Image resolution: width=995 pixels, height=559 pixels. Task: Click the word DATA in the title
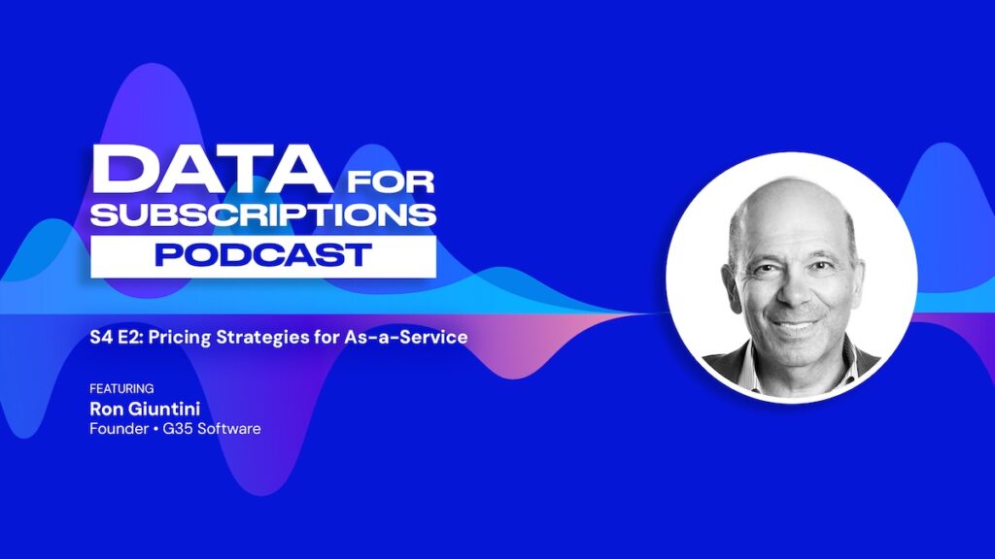tap(211, 169)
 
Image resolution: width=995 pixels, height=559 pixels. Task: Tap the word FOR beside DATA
tap(391, 181)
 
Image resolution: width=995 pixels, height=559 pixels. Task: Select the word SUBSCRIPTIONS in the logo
tap(263, 214)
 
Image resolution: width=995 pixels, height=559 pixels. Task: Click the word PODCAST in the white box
tap(263, 255)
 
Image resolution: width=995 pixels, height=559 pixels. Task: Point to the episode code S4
tap(101, 337)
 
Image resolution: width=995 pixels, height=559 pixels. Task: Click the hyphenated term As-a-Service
tap(406, 337)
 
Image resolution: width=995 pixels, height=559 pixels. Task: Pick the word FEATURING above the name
tap(121, 388)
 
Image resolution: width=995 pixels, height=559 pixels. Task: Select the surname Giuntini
tap(163, 409)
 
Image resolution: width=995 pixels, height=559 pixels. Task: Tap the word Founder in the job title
tap(120, 429)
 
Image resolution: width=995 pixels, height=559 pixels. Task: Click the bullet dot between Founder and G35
tap(155, 429)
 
